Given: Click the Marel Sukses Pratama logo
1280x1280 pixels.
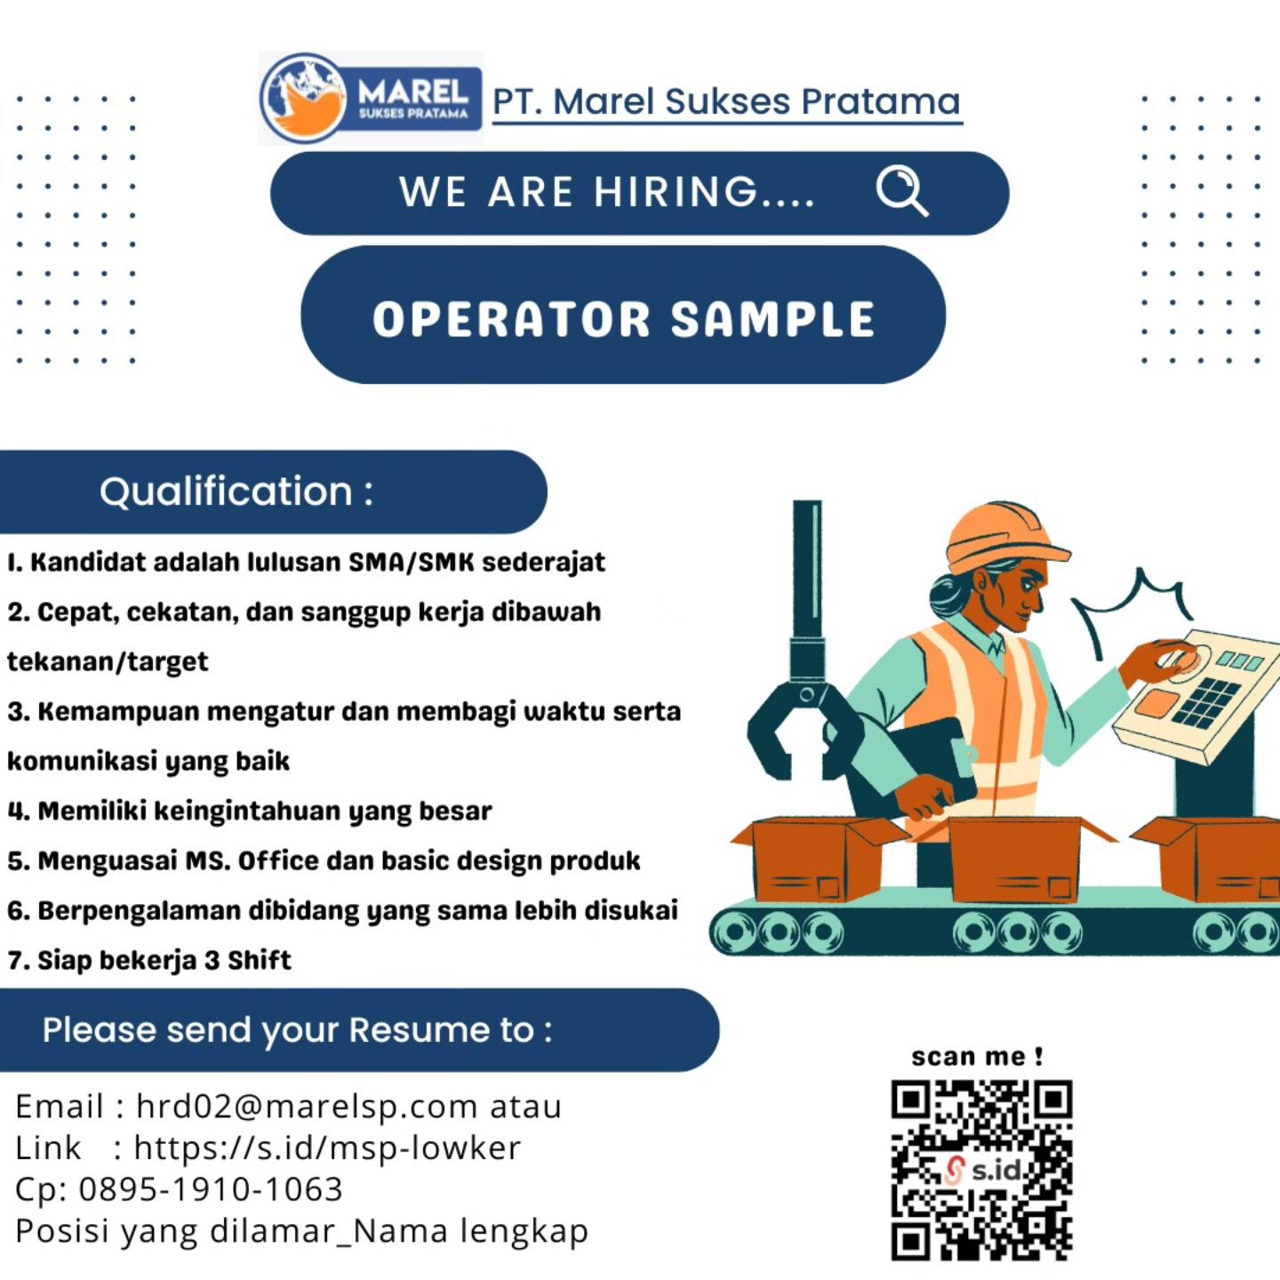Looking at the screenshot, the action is click(371, 99).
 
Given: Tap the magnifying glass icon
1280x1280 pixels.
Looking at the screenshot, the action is click(902, 191).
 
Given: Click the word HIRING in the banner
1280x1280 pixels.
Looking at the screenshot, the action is click(676, 192).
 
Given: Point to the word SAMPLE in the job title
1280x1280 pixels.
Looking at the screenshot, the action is click(772, 319).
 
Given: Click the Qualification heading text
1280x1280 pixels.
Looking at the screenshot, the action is click(236, 492).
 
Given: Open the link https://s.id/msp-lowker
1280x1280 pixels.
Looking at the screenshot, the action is click(327, 1148).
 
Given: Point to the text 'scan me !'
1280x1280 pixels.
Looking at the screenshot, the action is click(977, 1056).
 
